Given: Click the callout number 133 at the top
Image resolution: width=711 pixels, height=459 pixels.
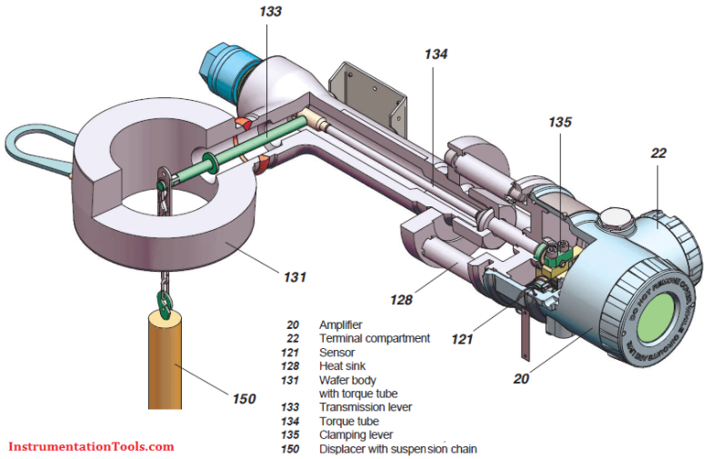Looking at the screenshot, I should (270, 12).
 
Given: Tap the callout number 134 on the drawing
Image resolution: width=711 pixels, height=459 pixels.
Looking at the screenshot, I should (436, 54).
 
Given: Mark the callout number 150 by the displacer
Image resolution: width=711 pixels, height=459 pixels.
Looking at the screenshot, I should (244, 397).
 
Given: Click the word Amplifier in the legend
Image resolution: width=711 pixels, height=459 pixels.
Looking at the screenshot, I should (341, 324).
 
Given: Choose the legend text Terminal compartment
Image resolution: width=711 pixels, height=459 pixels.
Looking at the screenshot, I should (374, 338).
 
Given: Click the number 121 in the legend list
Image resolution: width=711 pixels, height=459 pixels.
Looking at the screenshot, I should (291, 352).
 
